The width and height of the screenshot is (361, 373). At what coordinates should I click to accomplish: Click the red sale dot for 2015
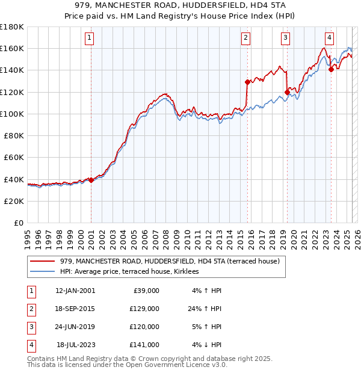[x=247, y=82]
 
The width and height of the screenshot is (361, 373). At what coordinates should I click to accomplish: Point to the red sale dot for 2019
[x=287, y=92]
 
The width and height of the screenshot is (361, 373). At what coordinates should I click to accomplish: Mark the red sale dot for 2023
[x=331, y=69]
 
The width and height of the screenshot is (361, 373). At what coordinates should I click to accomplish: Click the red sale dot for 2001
[x=91, y=180]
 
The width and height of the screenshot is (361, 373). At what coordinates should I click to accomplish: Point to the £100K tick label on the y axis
[x=12, y=114]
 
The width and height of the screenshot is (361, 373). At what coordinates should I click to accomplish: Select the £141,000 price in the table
[x=144, y=345]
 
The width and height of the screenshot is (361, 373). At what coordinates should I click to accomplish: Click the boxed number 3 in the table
[x=29, y=327]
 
